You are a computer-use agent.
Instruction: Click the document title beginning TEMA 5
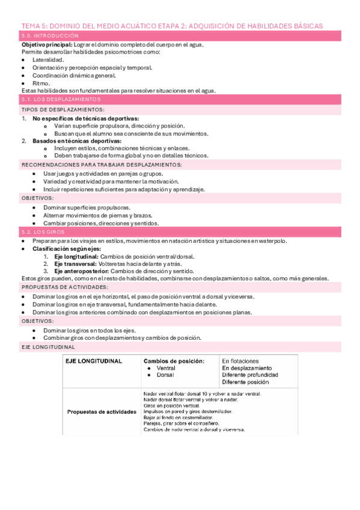[172, 26]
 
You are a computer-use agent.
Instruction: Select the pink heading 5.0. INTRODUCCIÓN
[47, 37]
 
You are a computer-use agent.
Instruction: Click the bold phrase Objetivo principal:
[47, 45]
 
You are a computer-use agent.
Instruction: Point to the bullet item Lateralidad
[49, 60]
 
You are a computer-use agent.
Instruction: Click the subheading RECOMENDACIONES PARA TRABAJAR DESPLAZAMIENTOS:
[101, 164]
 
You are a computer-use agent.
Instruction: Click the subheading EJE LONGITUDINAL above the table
[48, 347]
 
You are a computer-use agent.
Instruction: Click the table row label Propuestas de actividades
[102, 412]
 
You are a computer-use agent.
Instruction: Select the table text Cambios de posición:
[173, 361]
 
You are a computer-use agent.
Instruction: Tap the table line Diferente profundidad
[249, 375]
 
